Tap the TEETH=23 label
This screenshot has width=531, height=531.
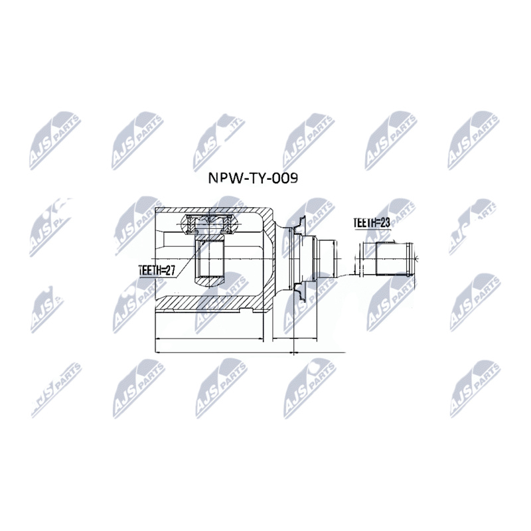point(372,224)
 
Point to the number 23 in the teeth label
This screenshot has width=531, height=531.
point(384,224)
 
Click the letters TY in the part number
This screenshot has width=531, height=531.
point(257,179)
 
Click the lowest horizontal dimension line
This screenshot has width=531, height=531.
point(249,352)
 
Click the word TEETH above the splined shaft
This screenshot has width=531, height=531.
point(364,224)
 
